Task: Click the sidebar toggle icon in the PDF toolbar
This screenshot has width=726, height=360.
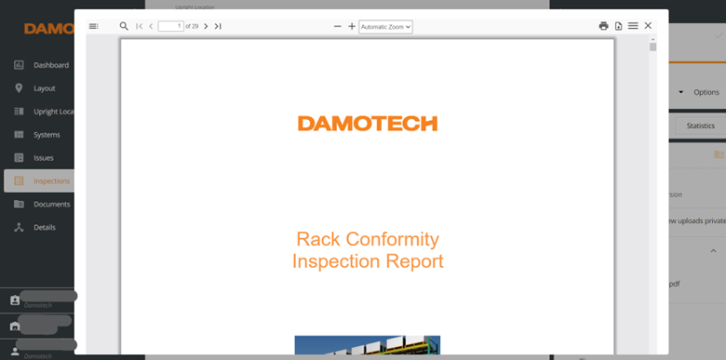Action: click(x=93, y=26)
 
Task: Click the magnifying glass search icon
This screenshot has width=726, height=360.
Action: click(x=124, y=26)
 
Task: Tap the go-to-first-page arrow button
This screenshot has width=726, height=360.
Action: click(x=139, y=26)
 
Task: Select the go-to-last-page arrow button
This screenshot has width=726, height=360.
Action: click(x=218, y=26)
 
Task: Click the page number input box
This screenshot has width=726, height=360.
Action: click(x=170, y=26)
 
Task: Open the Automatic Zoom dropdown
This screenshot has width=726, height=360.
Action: click(x=385, y=26)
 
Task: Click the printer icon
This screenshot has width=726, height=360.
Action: click(x=603, y=26)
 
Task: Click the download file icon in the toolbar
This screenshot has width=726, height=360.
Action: click(x=618, y=26)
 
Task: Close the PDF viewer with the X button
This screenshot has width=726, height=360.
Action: click(x=648, y=26)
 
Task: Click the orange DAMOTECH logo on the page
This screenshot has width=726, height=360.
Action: click(x=367, y=124)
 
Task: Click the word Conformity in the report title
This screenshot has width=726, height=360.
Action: click(x=389, y=240)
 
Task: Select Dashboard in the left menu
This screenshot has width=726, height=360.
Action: click(x=50, y=65)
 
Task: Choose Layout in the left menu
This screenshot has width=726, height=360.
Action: click(x=44, y=88)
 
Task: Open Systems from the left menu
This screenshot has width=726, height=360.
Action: click(x=47, y=135)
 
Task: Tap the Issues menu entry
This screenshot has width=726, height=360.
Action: click(x=43, y=158)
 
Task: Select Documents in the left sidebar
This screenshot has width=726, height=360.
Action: click(x=52, y=205)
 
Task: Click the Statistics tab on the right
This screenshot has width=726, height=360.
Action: click(x=700, y=126)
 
